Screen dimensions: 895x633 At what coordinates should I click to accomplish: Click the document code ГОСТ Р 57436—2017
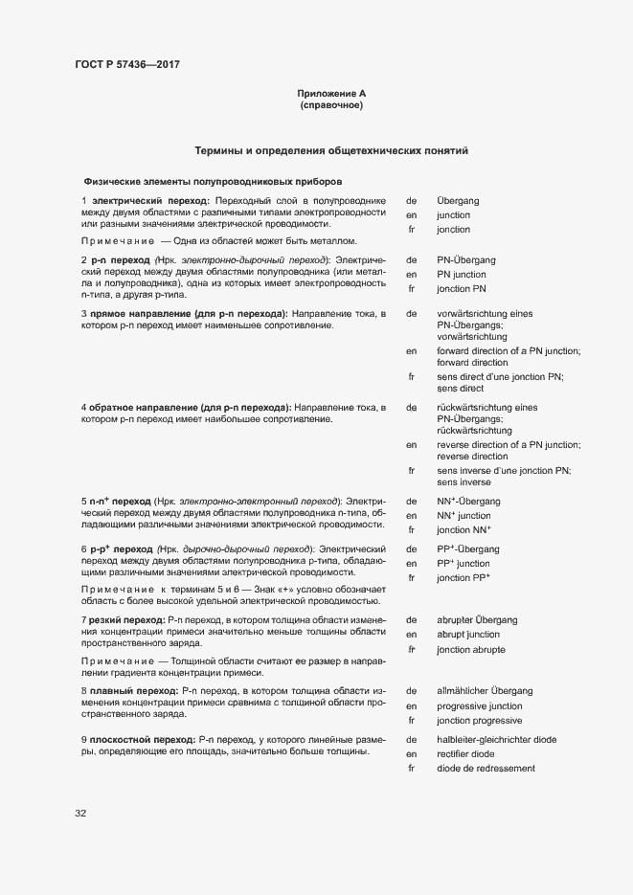click(x=127, y=65)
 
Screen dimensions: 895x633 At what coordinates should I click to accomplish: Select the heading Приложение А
click(x=331, y=94)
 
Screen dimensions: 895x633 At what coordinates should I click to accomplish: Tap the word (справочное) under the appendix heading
click(x=331, y=105)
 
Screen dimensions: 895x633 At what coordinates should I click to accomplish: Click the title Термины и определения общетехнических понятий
click(x=331, y=151)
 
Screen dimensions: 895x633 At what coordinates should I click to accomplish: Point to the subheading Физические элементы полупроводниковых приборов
click(x=213, y=181)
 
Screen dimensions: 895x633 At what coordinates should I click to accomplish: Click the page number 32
click(x=80, y=814)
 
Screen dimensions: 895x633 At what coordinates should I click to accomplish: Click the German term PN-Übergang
click(x=465, y=259)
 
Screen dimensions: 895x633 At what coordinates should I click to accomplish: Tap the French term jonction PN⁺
click(x=463, y=529)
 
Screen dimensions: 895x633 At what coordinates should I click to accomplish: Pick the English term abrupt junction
click(x=467, y=635)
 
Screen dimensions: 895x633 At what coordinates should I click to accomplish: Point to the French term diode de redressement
click(x=486, y=769)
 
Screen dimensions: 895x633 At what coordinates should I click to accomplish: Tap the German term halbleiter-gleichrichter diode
click(x=496, y=739)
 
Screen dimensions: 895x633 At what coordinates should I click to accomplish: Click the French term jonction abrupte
click(x=471, y=650)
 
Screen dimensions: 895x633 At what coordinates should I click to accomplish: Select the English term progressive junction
click(x=479, y=705)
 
